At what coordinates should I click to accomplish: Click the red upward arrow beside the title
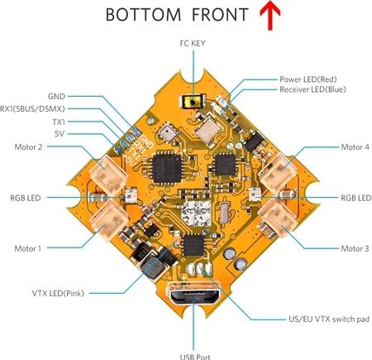coord(270,15)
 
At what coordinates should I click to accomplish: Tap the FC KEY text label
coord(193,43)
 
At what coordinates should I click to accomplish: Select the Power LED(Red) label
coord(308,79)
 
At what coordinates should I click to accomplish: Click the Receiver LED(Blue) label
coord(312,89)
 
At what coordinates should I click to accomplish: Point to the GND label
coord(56,96)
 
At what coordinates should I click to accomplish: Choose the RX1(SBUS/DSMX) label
coord(32,109)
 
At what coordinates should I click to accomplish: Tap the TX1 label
coord(59,122)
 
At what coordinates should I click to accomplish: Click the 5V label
coord(60,134)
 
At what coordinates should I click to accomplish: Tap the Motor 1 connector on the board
coord(109,220)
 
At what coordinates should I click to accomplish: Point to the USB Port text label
coord(195,357)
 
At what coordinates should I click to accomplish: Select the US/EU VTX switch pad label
coord(329,319)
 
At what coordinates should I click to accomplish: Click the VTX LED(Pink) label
coord(58,293)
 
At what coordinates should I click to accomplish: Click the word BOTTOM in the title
coord(143,15)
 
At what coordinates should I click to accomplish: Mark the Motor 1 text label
coord(28,248)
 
